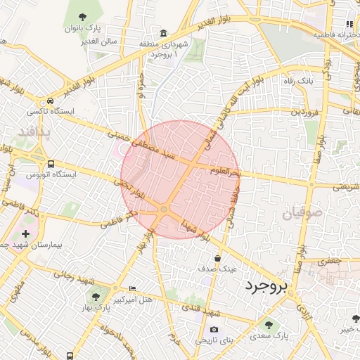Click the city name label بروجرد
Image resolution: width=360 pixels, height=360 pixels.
click(x=268, y=285)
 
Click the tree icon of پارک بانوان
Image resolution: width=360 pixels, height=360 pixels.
click(x=83, y=17)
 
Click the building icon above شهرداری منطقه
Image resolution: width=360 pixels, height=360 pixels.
click(x=164, y=34)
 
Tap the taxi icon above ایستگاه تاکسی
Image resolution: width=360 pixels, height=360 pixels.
click(x=50, y=101)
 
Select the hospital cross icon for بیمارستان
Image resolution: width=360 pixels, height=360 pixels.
click(x=26, y=233)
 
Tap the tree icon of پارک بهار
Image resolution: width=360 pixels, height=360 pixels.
click(x=96, y=297)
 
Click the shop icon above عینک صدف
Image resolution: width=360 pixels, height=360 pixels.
click(x=217, y=257)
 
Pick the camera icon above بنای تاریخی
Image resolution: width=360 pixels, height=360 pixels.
click(x=214, y=329)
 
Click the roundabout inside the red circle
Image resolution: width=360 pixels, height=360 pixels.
click(x=164, y=210)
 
